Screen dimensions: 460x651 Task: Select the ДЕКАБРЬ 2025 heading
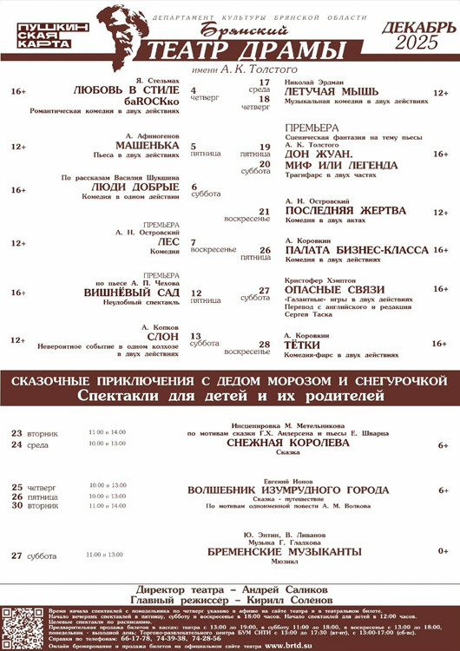point(417,35)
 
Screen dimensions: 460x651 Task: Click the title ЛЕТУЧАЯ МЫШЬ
point(332,92)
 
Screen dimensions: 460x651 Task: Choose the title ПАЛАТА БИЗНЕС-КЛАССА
point(357,250)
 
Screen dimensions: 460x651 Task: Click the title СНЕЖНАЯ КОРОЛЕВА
point(287,442)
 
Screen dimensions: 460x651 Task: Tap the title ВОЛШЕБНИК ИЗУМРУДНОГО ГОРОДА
point(288,490)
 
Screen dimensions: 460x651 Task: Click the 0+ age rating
point(444,551)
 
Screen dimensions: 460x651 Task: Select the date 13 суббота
point(205,339)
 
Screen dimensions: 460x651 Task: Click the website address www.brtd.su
point(295,646)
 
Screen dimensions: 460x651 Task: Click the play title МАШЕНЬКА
point(147,146)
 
